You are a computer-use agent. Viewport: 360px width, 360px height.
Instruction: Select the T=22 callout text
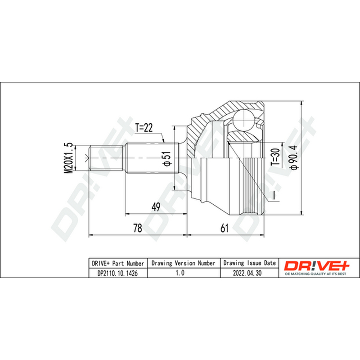144,128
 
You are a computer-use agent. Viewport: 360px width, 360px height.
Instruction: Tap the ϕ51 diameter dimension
167,159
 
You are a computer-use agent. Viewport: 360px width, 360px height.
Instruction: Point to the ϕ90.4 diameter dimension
294,157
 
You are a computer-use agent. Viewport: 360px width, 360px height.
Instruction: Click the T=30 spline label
275,157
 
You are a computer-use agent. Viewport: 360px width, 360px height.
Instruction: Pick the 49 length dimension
156,207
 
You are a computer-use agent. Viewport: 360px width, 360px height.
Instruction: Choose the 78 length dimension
138,228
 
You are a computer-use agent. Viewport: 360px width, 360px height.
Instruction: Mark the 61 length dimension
224,228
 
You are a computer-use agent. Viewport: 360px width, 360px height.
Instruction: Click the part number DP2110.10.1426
117,273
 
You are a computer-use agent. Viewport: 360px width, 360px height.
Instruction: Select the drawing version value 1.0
180,273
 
